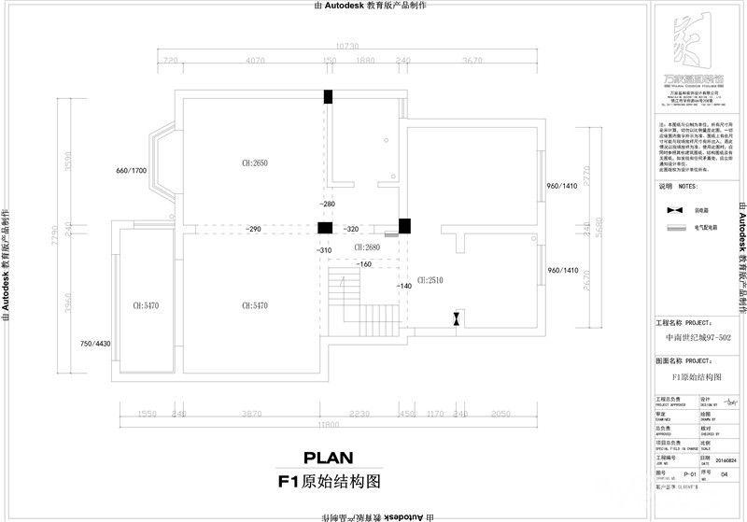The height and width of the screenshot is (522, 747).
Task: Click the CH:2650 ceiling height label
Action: pos(254,163)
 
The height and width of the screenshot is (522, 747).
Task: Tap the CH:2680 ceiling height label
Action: pos(367,247)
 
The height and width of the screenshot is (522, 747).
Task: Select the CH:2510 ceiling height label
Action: pos(430,279)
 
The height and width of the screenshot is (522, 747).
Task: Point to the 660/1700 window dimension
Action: pos(132,171)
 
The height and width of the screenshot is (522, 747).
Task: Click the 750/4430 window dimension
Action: pos(95,344)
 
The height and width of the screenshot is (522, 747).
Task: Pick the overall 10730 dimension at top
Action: pos(347,45)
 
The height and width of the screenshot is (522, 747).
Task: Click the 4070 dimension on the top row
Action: pos(259,61)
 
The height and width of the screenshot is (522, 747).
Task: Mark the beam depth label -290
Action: pos(253,229)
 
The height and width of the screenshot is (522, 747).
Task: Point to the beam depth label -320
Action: pos(351,229)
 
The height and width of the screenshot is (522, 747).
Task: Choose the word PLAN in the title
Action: pos(327,458)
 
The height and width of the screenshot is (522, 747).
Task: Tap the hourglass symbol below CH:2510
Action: pos(455,318)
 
